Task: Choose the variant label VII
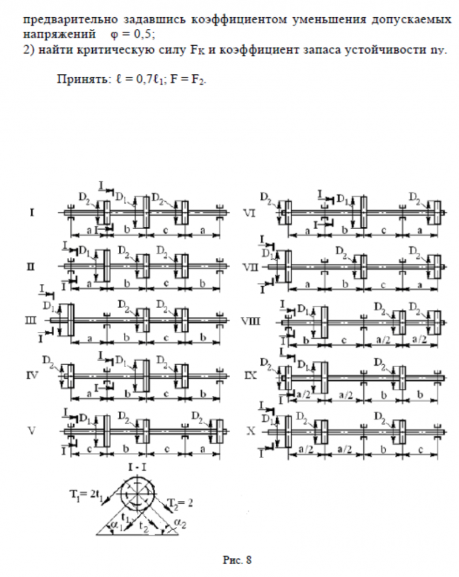(250, 267)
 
